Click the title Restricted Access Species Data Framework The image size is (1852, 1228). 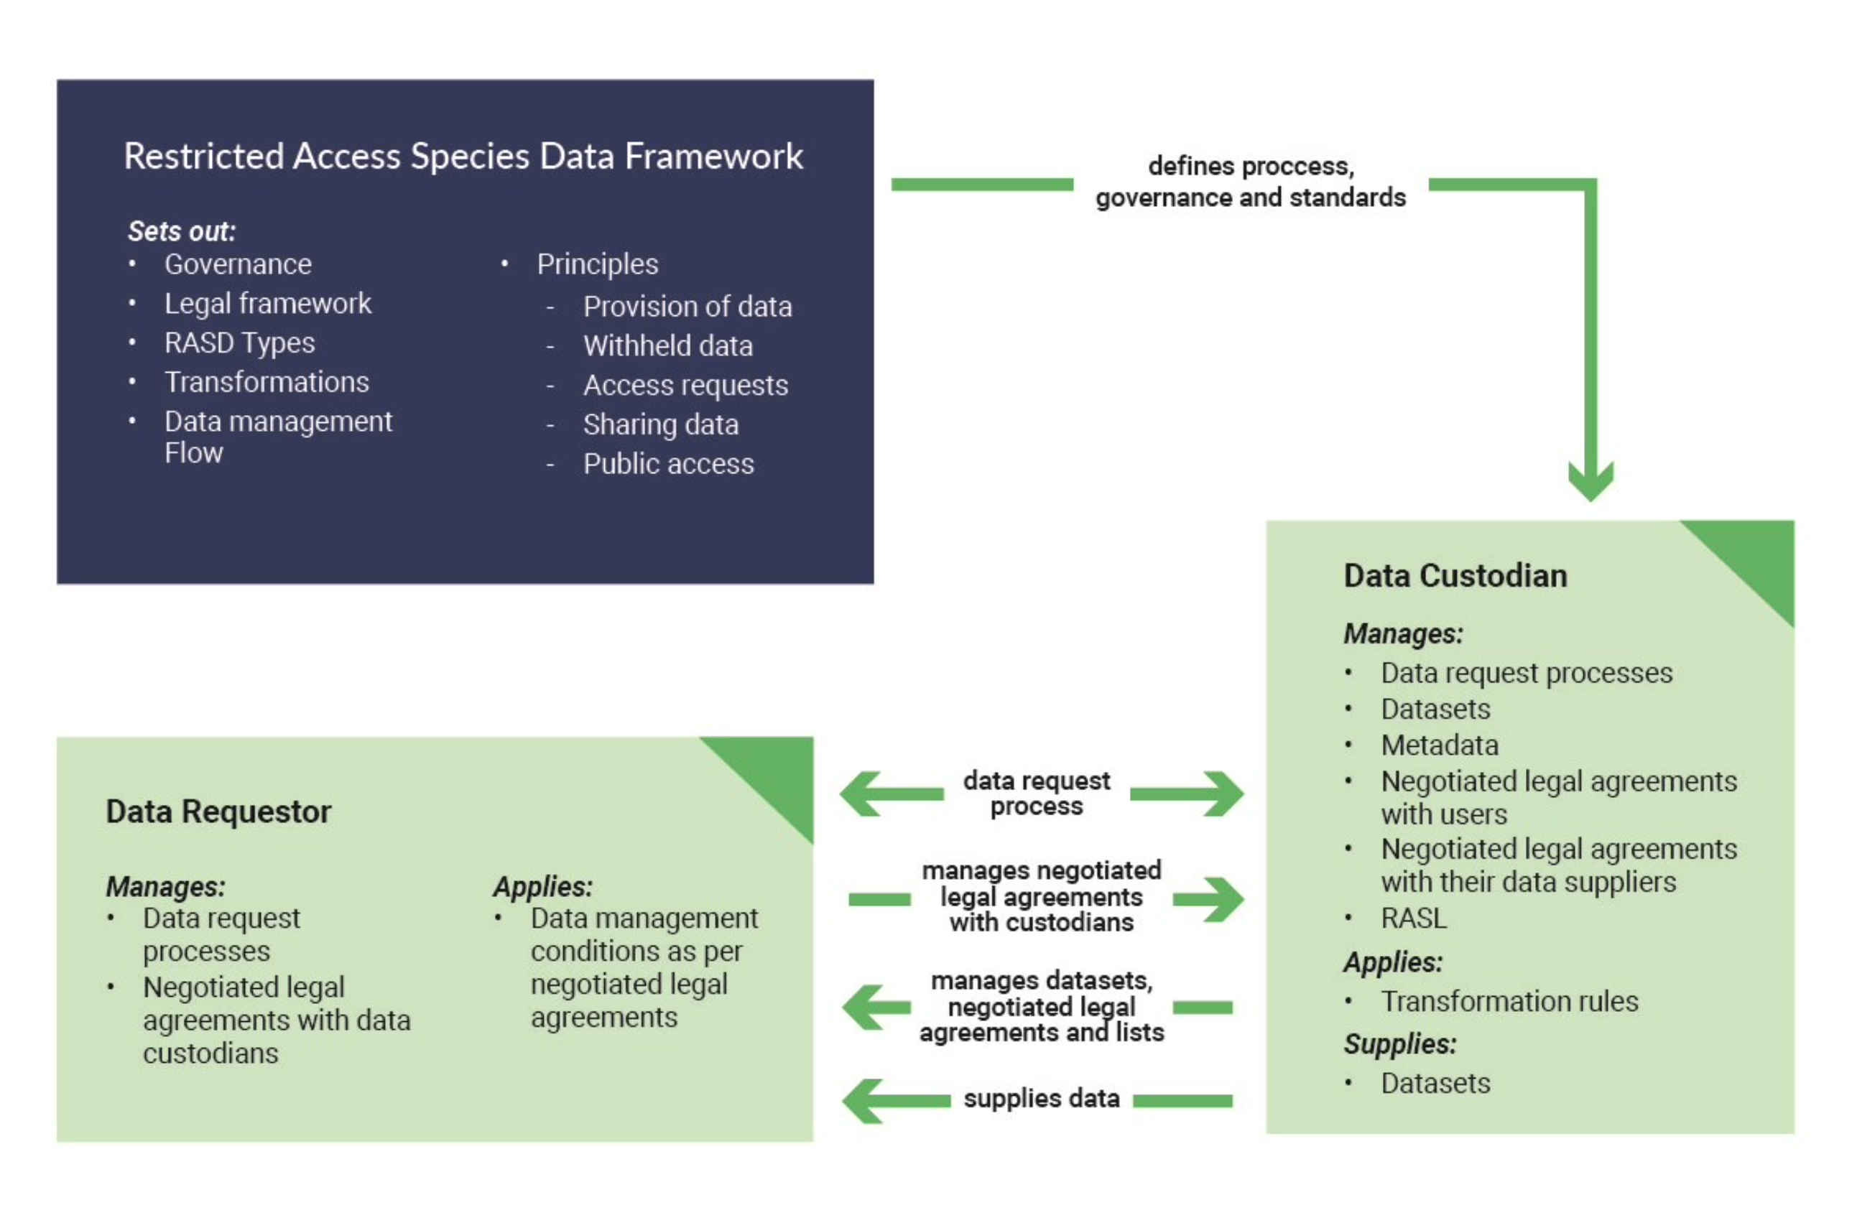coord(463,156)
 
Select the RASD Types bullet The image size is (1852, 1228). coord(239,343)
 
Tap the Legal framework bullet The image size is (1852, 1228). coord(267,304)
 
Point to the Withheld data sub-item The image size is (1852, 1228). coord(667,346)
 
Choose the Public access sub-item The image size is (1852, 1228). coord(668,465)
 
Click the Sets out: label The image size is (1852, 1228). coord(182,231)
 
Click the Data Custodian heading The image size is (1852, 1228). coord(1455,576)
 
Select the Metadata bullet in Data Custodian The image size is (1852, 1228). coord(1439,745)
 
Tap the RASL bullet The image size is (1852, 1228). coord(1413,918)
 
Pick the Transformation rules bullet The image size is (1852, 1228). coord(1509,1001)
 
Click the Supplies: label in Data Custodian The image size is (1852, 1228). coord(1399,1044)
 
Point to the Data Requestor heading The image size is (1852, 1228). coord(218,811)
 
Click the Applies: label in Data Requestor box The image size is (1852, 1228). coord(542,887)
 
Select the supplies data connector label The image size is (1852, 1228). coord(1040,1098)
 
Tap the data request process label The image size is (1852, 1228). coord(1036,794)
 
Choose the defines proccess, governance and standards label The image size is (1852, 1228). coord(1250,182)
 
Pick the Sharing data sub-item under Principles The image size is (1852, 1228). coord(660,424)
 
